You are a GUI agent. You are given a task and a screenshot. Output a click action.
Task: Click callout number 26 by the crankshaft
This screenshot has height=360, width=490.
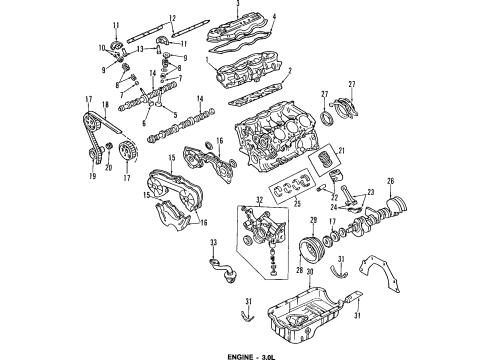coord(391,208)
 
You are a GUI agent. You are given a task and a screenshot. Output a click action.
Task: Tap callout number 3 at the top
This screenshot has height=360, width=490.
coord(237,6)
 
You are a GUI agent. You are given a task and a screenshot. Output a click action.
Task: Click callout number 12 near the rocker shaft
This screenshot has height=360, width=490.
coord(172,18)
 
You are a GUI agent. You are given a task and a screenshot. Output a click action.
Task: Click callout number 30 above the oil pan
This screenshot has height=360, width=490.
coord(309,271)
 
